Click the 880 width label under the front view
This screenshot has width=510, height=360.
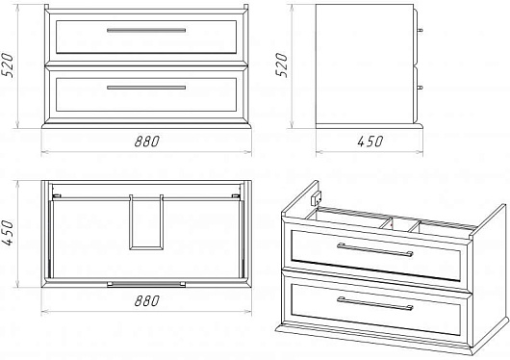[x=147, y=141]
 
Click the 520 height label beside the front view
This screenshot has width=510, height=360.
[x=8, y=65]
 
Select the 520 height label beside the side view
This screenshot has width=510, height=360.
[x=282, y=65]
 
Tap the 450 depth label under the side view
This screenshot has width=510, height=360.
[x=370, y=141]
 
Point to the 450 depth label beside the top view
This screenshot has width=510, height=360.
[x=8, y=233]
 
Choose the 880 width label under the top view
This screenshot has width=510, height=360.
[x=147, y=300]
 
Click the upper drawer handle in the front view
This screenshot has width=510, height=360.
[x=146, y=30]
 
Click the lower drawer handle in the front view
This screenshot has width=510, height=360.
[x=146, y=88]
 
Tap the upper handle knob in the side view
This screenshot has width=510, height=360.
[x=420, y=30]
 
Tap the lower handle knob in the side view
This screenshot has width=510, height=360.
[x=420, y=88]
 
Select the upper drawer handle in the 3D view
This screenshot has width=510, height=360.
[x=375, y=249]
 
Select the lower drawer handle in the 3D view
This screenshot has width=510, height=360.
[x=375, y=303]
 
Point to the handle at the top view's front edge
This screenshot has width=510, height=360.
[x=146, y=285]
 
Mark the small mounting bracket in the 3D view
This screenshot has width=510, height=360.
[x=317, y=198]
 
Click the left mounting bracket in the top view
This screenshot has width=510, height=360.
[x=57, y=196]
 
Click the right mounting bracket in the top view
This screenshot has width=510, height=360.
[x=236, y=196]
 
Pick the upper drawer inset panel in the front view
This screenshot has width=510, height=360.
[x=146, y=37]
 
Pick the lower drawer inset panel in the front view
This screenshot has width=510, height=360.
[x=146, y=94]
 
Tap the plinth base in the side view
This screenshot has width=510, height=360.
[x=370, y=126]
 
